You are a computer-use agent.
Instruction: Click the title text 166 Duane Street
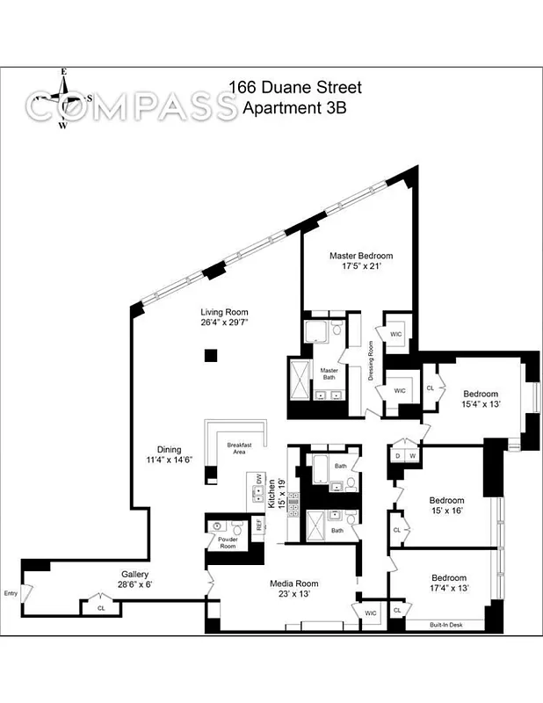coord(294,88)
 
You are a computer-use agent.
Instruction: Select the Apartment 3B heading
coord(294,108)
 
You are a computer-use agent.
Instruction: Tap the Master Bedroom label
coord(361,256)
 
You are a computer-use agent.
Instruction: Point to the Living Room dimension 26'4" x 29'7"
coord(224,323)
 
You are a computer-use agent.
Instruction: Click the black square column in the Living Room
coord(210,355)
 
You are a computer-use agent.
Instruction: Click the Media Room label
coord(294,583)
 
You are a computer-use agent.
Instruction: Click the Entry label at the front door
coord(11,591)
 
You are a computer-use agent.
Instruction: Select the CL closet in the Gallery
coord(101,607)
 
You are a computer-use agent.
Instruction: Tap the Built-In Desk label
coord(446,625)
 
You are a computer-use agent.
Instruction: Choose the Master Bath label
coord(329,373)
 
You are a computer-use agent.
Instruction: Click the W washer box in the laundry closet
coord(411,455)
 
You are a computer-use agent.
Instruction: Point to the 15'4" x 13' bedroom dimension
coord(481,405)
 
